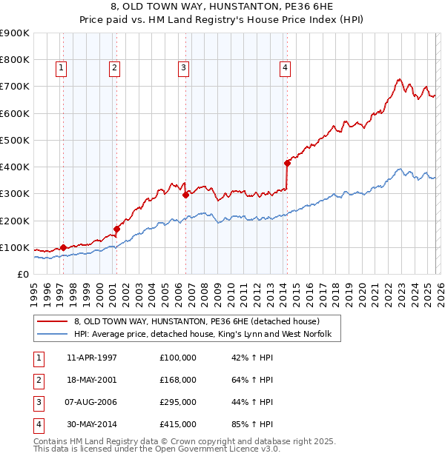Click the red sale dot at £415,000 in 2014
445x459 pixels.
[287, 163]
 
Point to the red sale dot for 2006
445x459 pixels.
[185, 195]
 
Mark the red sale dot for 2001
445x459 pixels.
[116, 229]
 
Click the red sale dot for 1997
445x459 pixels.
[63, 247]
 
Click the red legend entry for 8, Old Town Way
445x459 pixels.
[197, 321]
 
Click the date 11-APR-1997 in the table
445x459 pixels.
[91, 358]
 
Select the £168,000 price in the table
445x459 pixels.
[178, 380]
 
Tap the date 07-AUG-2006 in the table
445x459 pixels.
[91, 402]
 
